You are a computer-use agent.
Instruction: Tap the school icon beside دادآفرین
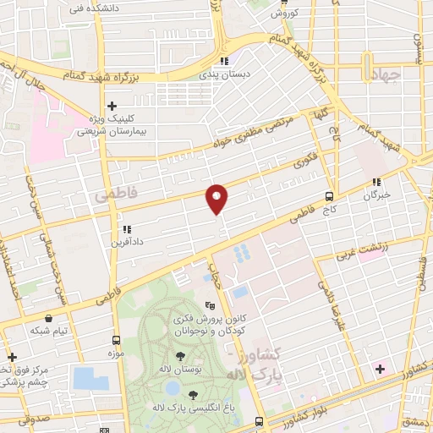pyautogui.click(x=126, y=228)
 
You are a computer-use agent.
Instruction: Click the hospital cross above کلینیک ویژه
pyautogui.click(x=112, y=105)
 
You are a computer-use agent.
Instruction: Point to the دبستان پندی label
pyautogui.click(x=224, y=74)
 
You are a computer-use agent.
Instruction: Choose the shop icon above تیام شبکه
pyautogui.click(x=49, y=318)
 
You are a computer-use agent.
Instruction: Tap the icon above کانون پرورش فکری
pyautogui.click(x=210, y=306)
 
